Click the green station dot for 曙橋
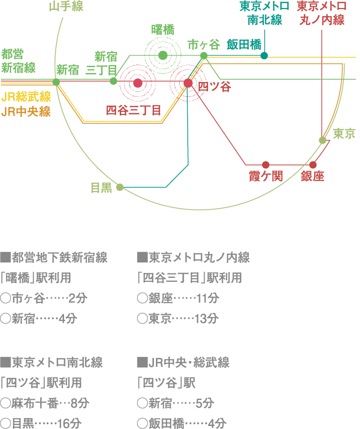point(162,55)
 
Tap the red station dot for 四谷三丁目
point(138,83)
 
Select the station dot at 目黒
point(120,187)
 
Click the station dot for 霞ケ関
point(266,165)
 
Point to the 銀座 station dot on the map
point(313,165)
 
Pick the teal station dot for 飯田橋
point(264,56)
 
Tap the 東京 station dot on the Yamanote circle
point(323,140)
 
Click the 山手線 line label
point(66,7)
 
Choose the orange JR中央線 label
point(26,111)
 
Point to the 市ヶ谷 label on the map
point(204,45)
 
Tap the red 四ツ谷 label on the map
point(215,87)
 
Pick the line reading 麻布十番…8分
point(45,403)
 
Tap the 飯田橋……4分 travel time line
point(181,424)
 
